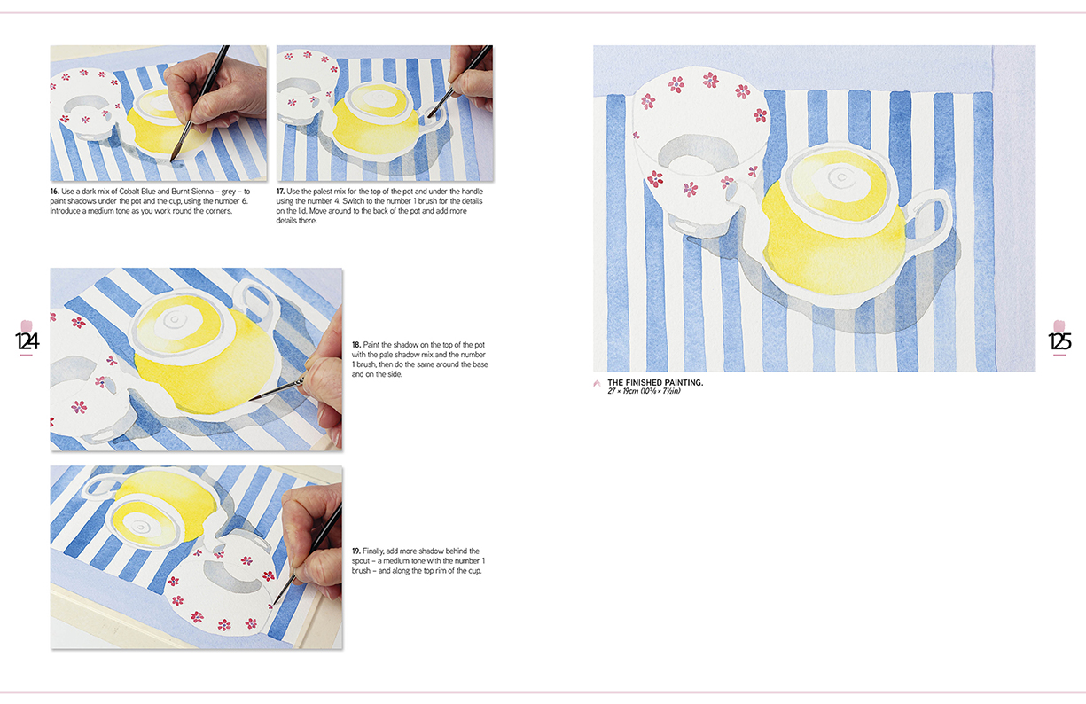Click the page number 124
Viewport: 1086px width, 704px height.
pos(27,341)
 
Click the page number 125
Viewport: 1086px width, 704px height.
pos(1059,341)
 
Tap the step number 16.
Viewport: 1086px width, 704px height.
pos(54,192)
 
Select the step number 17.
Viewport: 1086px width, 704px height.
pos(281,192)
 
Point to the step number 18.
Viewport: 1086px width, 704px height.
pos(356,345)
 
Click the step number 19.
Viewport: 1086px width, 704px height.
pos(356,551)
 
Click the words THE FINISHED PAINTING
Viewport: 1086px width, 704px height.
pos(655,382)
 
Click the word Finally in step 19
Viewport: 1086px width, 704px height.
pos(373,551)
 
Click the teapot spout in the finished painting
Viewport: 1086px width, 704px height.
pos(738,196)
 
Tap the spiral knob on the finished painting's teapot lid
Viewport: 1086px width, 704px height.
pos(841,177)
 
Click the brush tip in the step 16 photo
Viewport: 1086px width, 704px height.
pos(172,160)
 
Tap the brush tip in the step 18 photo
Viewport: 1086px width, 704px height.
pos(251,400)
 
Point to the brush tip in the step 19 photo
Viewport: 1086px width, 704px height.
pos(272,606)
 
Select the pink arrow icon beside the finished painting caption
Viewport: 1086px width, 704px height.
pos(597,383)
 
